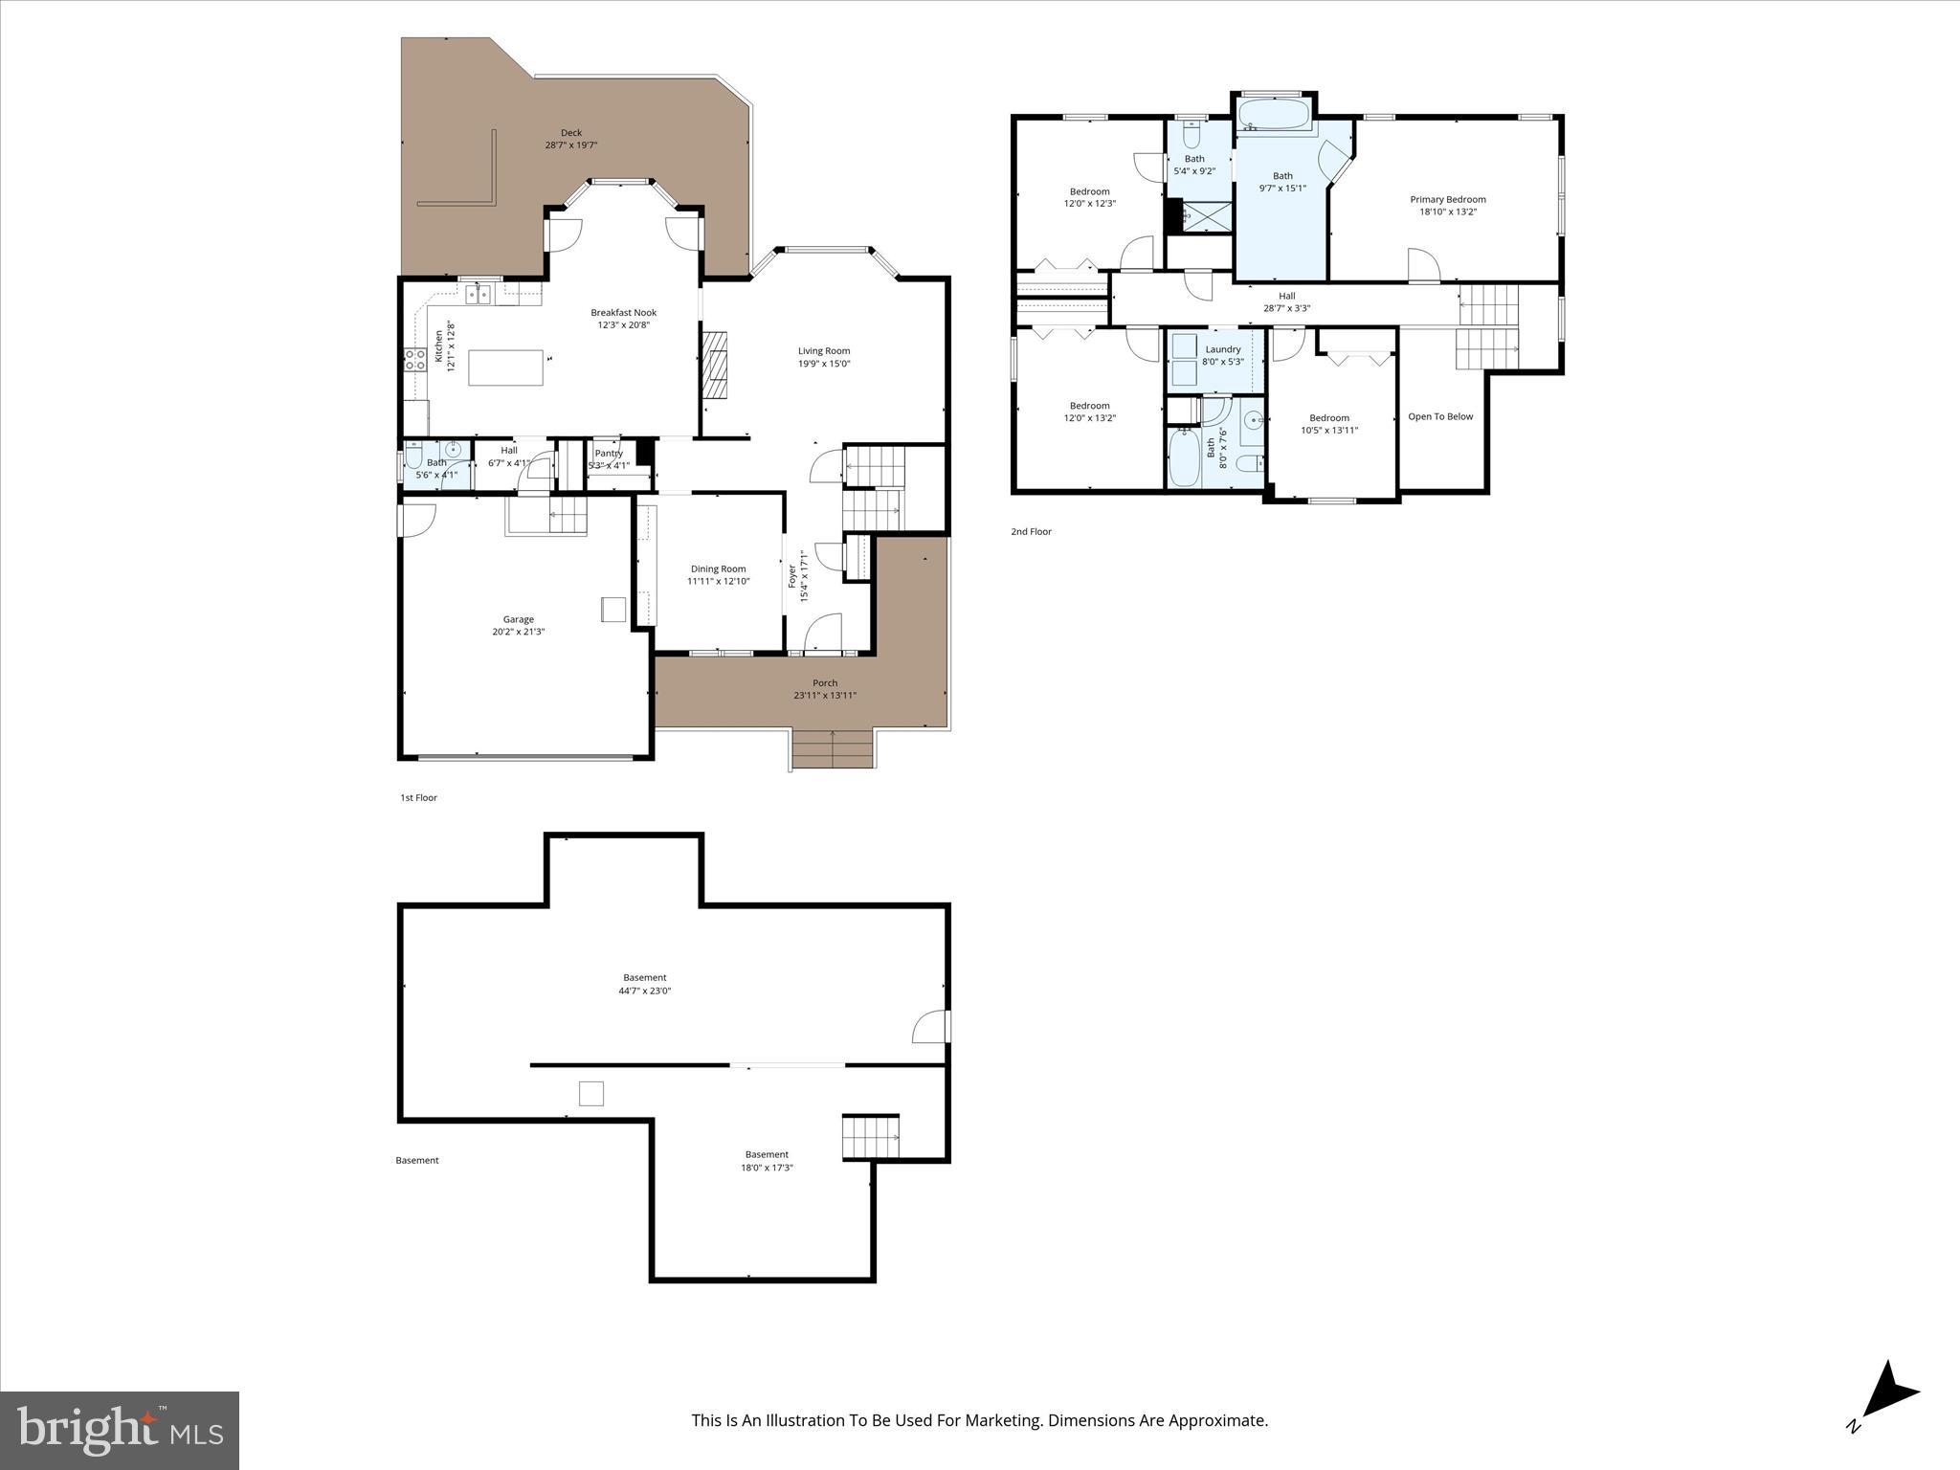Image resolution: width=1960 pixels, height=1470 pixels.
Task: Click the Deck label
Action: pos(570,133)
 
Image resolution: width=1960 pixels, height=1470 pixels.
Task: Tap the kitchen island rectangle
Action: pos(505,367)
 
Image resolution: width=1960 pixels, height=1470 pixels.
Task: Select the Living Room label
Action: pos(824,351)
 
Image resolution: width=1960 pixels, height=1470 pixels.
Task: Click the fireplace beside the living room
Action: pos(715,364)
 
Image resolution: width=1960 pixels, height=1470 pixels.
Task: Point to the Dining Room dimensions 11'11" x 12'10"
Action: pos(718,582)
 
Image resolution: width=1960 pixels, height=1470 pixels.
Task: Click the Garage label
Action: pos(519,619)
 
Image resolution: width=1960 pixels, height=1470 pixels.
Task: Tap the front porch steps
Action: pos(833,748)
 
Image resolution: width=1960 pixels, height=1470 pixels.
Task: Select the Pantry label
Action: pos(609,454)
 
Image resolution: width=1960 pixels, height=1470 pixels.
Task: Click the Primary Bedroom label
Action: pos(1447,200)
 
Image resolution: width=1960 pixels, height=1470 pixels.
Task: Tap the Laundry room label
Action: pos(1222,349)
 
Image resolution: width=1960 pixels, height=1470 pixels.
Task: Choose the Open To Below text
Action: pos(1440,416)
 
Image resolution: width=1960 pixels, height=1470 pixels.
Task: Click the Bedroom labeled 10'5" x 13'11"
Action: pos(1328,418)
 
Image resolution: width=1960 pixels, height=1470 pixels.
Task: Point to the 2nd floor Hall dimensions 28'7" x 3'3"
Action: pos(1286,308)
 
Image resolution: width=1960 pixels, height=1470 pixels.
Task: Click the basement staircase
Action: pos(870,1138)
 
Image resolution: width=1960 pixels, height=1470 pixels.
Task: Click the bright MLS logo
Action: pos(120,1430)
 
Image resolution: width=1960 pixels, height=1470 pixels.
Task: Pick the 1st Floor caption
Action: pos(418,797)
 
